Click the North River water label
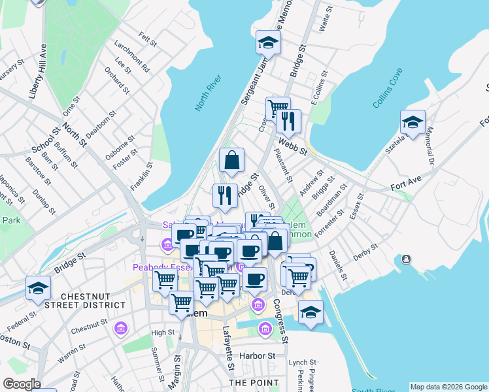point(209,93)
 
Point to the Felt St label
point(148,40)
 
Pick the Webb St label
point(292,145)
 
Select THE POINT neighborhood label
point(245,382)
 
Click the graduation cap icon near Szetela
point(413,122)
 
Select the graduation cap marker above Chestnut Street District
point(39,287)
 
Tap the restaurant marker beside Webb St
point(288,121)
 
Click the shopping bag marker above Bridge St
point(231,160)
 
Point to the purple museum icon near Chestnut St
point(120,327)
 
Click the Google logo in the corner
point(22,384)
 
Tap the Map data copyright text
point(448,387)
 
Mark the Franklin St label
point(145,176)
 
